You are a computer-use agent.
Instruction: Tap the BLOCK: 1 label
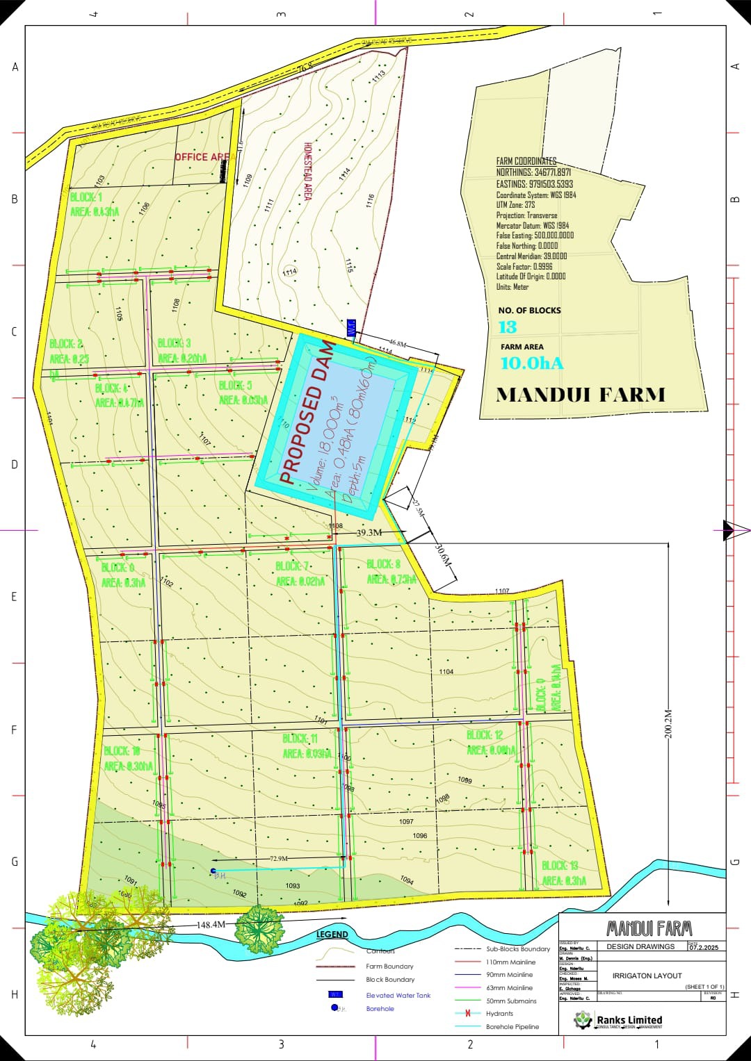[86, 197]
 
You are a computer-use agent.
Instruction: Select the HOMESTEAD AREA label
[307, 172]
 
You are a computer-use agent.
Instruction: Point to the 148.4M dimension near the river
[211, 925]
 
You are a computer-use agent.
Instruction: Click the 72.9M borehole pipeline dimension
[279, 859]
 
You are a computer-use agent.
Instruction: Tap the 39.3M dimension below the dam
[369, 532]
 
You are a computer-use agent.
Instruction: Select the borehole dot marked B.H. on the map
[213, 870]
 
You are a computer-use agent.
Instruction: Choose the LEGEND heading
[332, 935]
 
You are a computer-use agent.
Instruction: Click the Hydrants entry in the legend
[499, 1014]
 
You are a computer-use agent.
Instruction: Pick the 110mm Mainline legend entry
[510, 962]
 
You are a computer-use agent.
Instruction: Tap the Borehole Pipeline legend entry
[512, 1027]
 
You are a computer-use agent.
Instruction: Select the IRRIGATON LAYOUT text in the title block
[647, 976]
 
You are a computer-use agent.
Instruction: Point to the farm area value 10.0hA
[532, 363]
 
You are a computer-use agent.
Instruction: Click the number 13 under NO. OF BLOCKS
[508, 327]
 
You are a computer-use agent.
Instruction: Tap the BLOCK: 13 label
[560, 866]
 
